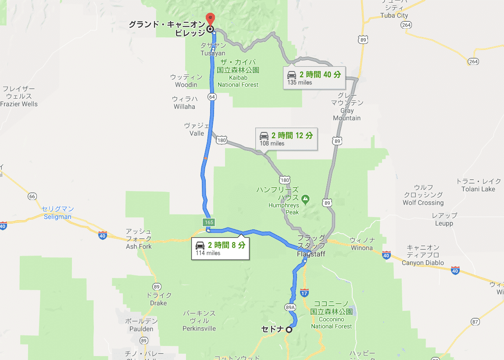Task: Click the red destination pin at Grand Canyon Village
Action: pos(211,19)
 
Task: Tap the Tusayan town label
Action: pos(213,50)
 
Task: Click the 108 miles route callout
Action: pos(286,139)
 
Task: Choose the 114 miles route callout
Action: pos(220,249)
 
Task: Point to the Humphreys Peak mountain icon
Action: pos(305,200)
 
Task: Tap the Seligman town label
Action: pos(58,213)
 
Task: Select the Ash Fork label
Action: pos(139,239)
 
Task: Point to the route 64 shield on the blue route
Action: pos(213,96)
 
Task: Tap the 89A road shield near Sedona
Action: pos(290,307)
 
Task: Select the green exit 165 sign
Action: pos(209,222)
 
